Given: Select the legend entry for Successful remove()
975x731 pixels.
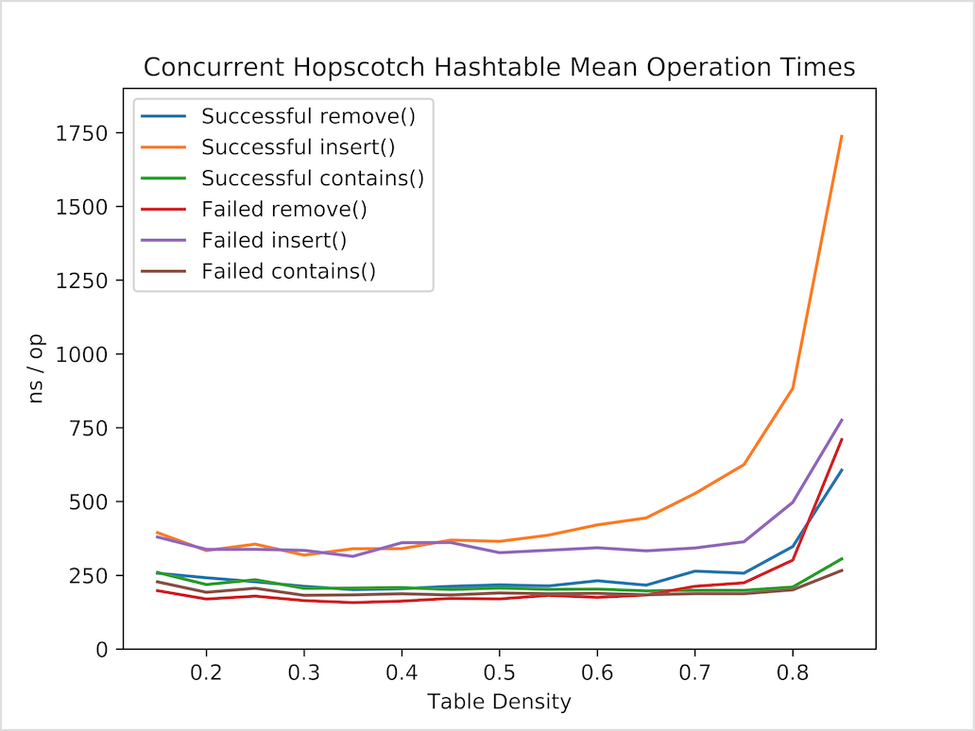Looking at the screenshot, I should coord(309,117).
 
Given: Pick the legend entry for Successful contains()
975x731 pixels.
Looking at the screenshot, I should coord(313,178).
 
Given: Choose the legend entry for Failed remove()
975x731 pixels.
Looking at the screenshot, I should coord(284,209).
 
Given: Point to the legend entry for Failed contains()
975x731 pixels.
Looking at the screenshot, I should coord(288,271).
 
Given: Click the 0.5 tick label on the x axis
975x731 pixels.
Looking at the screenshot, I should coord(499,672).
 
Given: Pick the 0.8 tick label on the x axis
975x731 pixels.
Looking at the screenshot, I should coord(793,672).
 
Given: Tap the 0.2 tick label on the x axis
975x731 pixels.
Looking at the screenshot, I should coord(206,672).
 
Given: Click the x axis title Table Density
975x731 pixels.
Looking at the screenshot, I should coord(499,702).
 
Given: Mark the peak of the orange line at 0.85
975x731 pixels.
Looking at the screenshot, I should coord(841,136).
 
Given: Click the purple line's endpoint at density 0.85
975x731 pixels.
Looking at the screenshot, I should coord(841,420).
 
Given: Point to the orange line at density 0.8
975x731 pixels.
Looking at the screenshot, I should coord(793,388).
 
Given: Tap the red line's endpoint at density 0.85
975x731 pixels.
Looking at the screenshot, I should coord(841,439).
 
